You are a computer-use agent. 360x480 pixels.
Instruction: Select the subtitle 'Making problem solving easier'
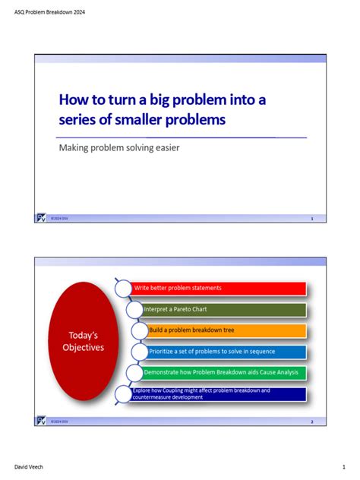(x=119, y=147)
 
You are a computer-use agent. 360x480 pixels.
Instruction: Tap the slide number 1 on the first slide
(x=312, y=219)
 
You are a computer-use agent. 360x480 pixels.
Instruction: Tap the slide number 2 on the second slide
(x=312, y=421)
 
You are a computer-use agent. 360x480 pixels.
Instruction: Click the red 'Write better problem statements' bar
(x=219, y=289)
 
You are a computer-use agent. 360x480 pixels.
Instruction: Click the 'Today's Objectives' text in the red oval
(x=83, y=342)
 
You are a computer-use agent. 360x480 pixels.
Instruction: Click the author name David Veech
(x=30, y=467)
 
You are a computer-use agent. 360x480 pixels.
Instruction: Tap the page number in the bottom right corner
(x=343, y=467)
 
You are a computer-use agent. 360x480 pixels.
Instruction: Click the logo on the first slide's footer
(x=41, y=218)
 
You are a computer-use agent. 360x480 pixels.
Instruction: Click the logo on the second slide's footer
(x=41, y=420)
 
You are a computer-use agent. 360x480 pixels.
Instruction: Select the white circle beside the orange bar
(x=139, y=331)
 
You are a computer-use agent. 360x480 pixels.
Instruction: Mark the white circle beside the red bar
(x=124, y=289)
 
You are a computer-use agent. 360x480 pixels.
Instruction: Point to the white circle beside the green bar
(x=133, y=373)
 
